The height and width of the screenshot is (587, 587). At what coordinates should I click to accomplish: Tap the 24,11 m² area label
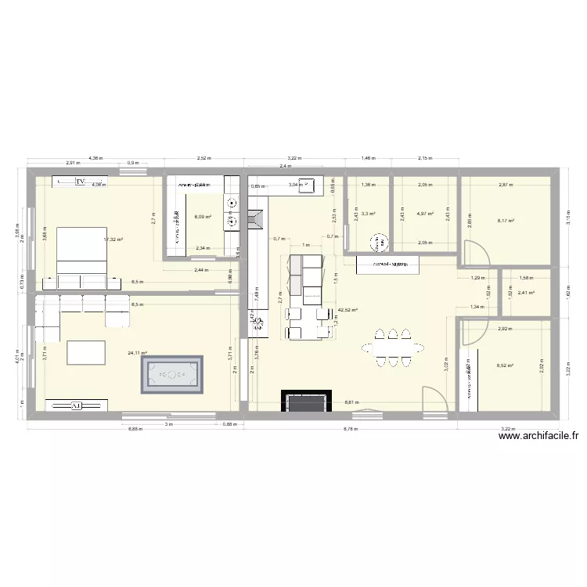138,353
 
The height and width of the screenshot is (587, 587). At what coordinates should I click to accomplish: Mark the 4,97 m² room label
425,213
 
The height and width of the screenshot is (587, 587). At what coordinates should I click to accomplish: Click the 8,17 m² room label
506,221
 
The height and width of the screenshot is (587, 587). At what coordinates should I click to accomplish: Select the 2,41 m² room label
525,293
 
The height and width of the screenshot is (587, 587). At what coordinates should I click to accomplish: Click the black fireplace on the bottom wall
306,401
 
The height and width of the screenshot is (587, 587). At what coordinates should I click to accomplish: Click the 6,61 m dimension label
351,403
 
